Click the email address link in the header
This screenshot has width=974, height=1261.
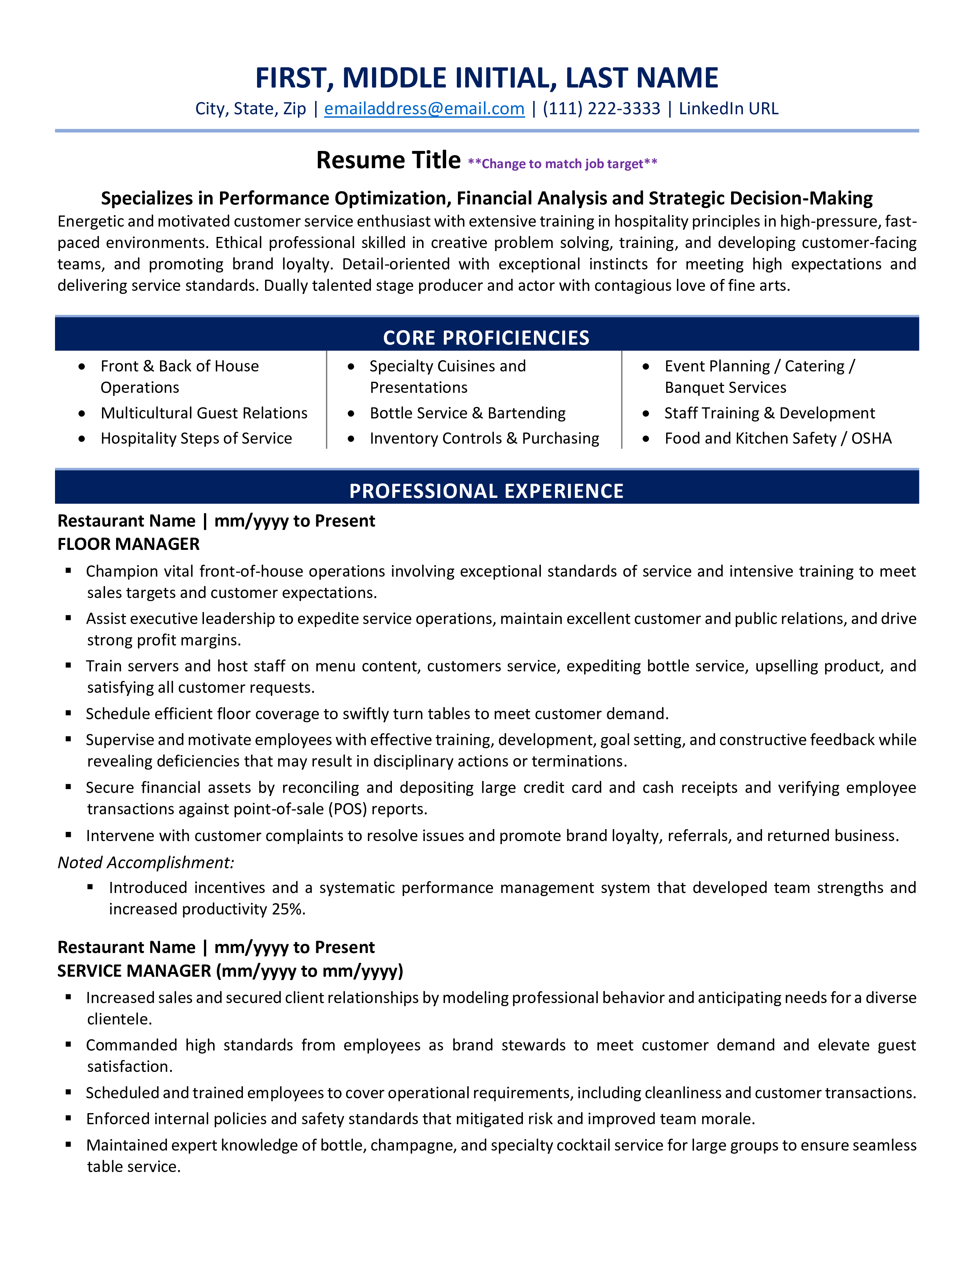(x=424, y=109)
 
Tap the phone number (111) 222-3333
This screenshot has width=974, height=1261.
(x=601, y=109)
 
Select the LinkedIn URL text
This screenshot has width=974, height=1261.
(x=728, y=109)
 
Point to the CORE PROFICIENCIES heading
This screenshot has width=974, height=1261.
(x=486, y=338)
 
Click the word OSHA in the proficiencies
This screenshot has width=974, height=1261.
(x=871, y=438)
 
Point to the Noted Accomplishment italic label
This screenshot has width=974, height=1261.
(x=146, y=862)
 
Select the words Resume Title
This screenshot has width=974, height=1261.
(x=388, y=160)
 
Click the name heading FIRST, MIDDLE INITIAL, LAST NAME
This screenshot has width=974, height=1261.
(x=486, y=78)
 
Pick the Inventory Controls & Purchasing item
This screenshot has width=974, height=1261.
(x=484, y=438)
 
